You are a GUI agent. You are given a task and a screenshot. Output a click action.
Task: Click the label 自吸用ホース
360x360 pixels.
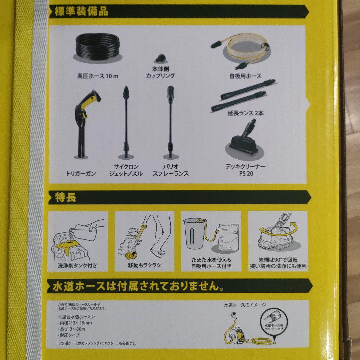point(245,76)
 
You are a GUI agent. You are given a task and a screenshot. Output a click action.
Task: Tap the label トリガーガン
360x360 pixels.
point(81,173)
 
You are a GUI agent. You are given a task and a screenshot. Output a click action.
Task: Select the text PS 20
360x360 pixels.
point(246,173)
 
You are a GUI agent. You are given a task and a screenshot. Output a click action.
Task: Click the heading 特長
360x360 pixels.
point(66,197)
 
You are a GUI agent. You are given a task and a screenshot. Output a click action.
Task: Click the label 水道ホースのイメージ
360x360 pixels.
point(245,305)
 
